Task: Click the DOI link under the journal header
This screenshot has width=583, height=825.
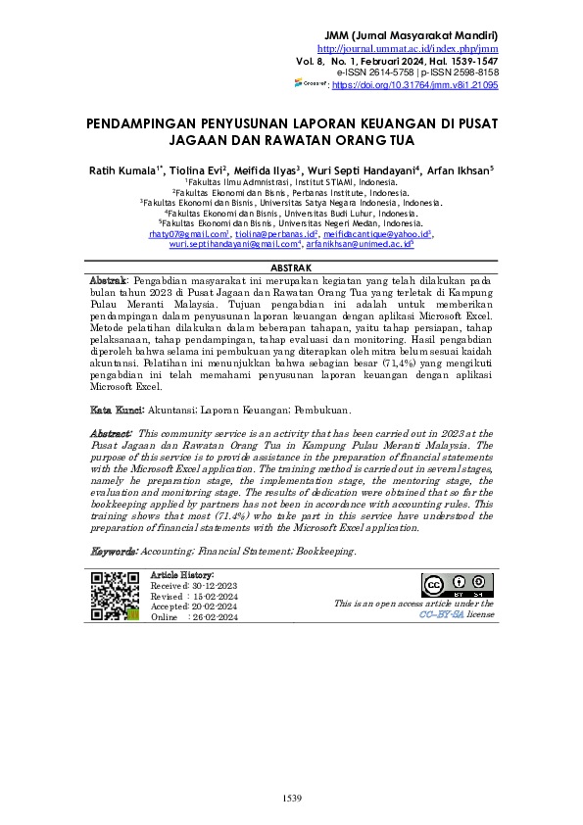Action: click(x=415, y=86)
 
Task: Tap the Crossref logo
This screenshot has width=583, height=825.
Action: click(x=312, y=85)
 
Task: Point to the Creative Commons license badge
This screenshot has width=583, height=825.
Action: click(x=457, y=586)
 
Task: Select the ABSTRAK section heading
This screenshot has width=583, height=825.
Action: click(x=291, y=267)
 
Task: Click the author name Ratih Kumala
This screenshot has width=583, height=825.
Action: click(x=123, y=168)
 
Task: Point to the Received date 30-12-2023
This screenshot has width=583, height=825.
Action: click(x=206, y=585)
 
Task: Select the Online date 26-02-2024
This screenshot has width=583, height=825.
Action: click(x=214, y=618)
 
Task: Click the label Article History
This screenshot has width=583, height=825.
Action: click(x=182, y=574)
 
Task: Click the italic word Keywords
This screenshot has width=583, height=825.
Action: click(x=114, y=552)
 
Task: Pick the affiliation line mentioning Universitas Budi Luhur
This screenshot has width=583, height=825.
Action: click(x=291, y=213)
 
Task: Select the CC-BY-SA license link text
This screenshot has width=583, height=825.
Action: click(x=441, y=615)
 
